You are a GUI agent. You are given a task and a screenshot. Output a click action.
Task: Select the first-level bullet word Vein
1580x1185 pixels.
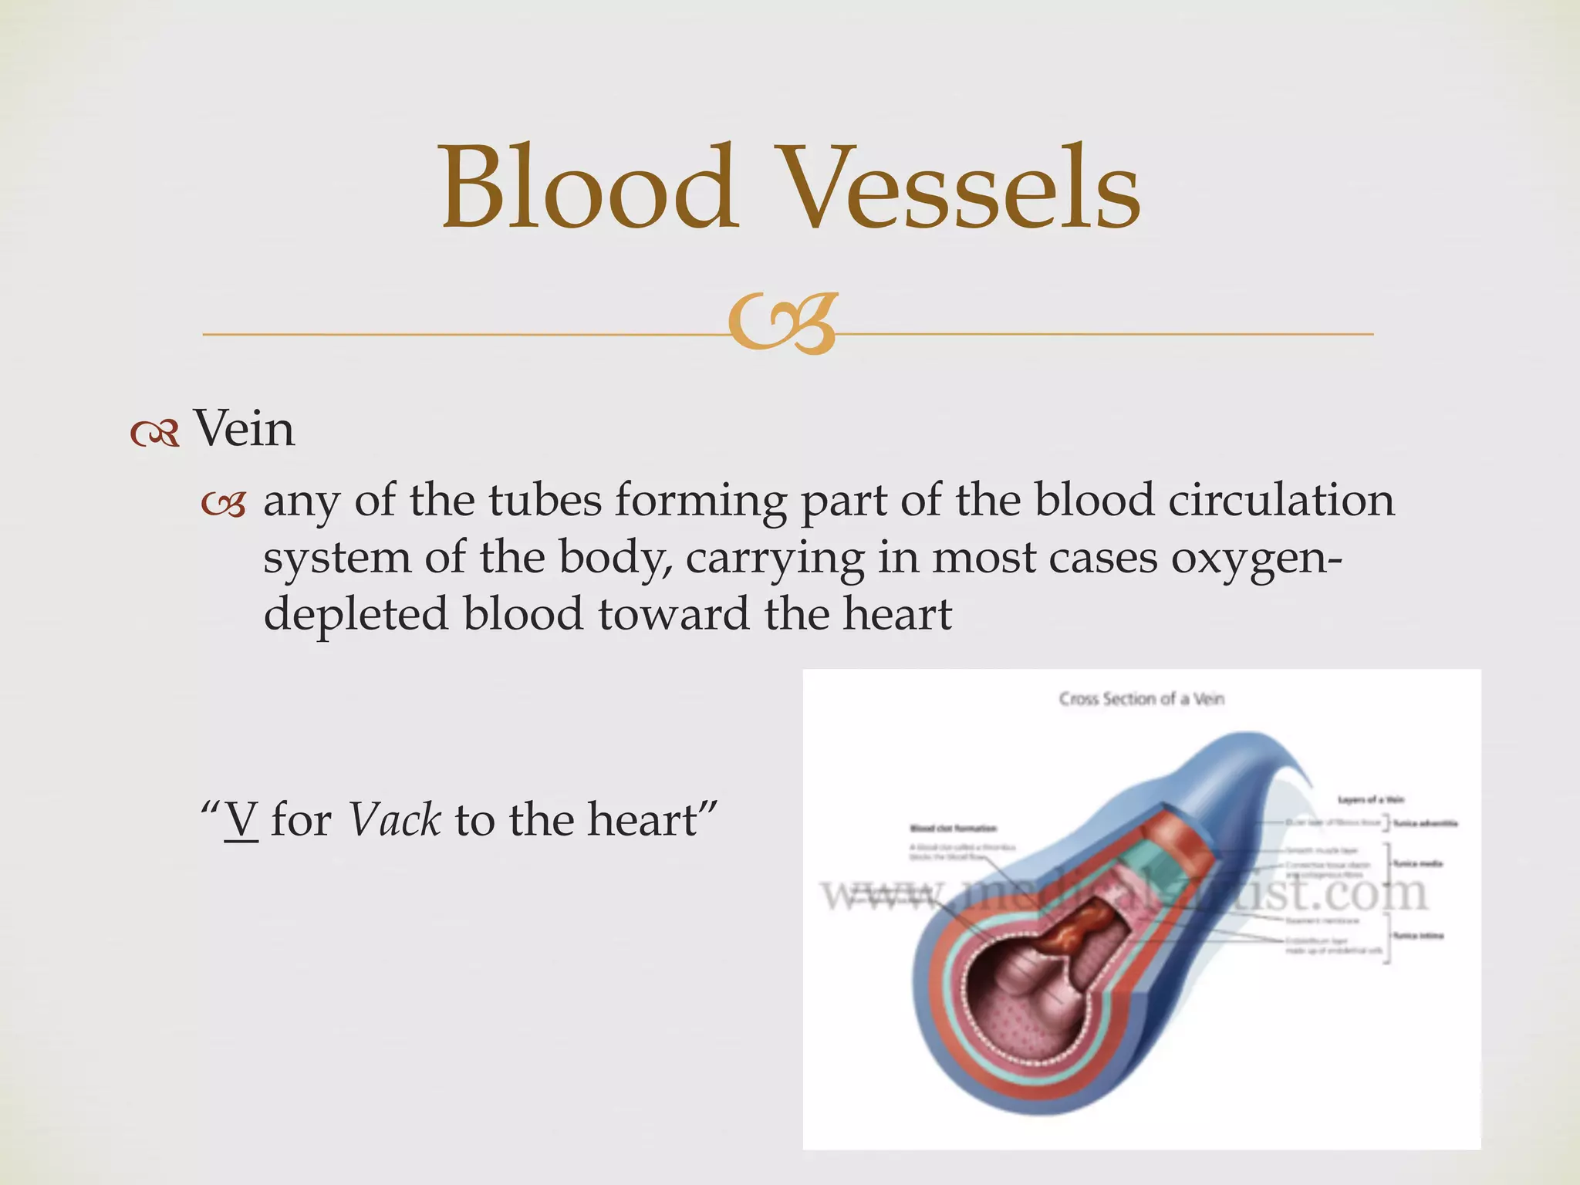[x=244, y=429]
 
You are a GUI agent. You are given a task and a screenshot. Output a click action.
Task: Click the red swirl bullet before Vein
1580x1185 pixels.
[x=155, y=434]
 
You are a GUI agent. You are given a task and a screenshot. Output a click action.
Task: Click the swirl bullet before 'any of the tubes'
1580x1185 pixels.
[x=224, y=505]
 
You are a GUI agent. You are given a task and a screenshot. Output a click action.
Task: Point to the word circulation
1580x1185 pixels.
[x=1281, y=500]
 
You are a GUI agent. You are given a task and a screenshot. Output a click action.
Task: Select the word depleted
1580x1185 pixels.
[x=356, y=614]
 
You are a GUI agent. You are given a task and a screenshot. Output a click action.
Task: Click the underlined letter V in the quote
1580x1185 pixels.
[x=241, y=819]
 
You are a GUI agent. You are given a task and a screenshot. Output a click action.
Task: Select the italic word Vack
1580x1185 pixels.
[x=394, y=819]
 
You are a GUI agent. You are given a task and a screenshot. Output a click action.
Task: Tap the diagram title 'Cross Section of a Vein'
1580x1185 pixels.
[x=1141, y=699]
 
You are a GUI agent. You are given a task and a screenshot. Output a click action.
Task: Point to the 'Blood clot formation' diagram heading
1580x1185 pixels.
[x=954, y=829]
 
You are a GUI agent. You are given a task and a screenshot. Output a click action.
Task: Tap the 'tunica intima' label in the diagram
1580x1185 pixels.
[x=1418, y=936]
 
